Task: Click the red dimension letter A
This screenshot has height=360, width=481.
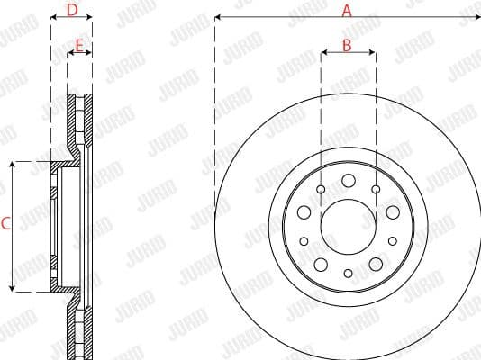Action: [347, 10]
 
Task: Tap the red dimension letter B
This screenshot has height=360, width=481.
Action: [348, 44]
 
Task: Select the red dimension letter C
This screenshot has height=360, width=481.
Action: [5, 225]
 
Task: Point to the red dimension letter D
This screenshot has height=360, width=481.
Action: [72, 10]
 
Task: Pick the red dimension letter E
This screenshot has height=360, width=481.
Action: [80, 44]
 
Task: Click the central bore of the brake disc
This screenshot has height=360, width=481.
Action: [348, 226]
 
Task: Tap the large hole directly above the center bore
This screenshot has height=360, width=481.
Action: [348, 180]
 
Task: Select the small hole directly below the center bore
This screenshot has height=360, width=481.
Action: [348, 273]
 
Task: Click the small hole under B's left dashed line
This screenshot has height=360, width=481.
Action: [322, 189]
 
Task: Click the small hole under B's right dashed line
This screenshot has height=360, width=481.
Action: [375, 189]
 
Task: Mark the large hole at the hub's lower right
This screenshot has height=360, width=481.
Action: [374, 264]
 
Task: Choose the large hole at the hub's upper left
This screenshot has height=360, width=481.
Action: [304, 211]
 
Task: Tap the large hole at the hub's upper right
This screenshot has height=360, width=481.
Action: [392, 211]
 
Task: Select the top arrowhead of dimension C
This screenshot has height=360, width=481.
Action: [12, 166]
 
